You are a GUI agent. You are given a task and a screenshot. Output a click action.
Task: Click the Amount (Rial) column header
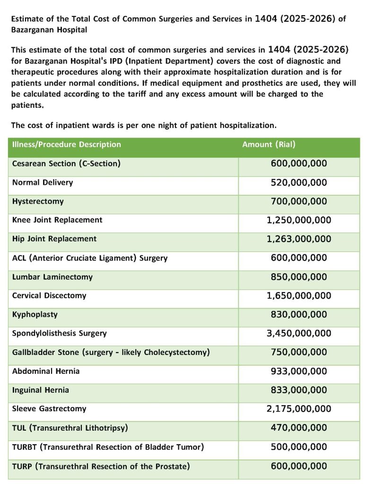[x=269, y=145]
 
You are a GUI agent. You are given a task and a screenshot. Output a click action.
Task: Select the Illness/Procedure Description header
[x=67, y=145]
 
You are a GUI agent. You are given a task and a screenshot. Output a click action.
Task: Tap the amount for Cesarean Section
[x=299, y=164]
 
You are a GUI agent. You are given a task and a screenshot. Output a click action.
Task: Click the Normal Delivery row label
[x=43, y=182]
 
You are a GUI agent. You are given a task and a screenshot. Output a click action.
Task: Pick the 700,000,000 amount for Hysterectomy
[x=299, y=201]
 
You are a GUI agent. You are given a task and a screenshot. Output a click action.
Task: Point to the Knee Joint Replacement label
[x=57, y=220]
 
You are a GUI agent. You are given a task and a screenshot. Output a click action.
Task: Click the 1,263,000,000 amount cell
[x=299, y=239]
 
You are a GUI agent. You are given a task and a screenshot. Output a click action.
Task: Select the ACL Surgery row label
[x=90, y=258]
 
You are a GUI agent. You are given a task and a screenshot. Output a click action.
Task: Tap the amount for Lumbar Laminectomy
[x=299, y=277]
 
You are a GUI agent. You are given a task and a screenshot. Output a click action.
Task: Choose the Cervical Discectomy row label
[x=49, y=296]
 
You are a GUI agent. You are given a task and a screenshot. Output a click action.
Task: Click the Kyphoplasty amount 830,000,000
[x=299, y=315]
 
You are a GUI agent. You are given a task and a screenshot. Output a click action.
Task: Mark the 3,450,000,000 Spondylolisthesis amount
[x=299, y=334]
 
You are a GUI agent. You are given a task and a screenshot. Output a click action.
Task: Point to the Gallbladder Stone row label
[x=111, y=353]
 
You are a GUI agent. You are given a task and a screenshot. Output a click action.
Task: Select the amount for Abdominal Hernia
[x=299, y=372]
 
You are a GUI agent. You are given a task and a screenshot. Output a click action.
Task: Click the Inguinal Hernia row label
[x=41, y=390]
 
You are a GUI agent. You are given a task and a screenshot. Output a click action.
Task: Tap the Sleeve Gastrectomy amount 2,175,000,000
[x=299, y=409]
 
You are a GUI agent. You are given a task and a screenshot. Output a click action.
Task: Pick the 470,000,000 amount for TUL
[x=299, y=428]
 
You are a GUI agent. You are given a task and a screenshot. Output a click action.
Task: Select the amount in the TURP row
[x=299, y=466]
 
